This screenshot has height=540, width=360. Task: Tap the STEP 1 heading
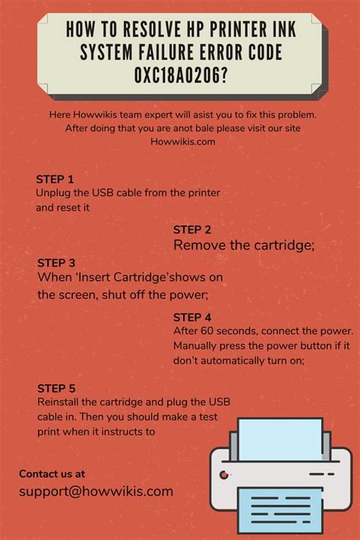pyautogui.click(x=55, y=179)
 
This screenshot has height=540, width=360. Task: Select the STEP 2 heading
pyautogui.click(x=192, y=229)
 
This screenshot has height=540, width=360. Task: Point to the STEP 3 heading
pyautogui.click(x=56, y=263)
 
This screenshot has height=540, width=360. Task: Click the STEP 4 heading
pyautogui.click(x=192, y=317)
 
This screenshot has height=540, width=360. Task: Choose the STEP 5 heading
pyautogui.click(x=56, y=388)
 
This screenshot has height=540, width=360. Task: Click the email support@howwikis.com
pyautogui.click(x=96, y=491)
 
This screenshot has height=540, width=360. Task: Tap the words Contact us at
pyautogui.click(x=52, y=474)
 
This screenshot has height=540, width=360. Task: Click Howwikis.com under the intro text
pyautogui.click(x=182, y=141)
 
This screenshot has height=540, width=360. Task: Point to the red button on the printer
pyautogui.click(x=223, y=475)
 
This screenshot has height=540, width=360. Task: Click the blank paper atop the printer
pyautogui.click(x=280, y=439)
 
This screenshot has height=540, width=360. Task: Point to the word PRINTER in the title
pyautogui.click(x=229, y=29)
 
